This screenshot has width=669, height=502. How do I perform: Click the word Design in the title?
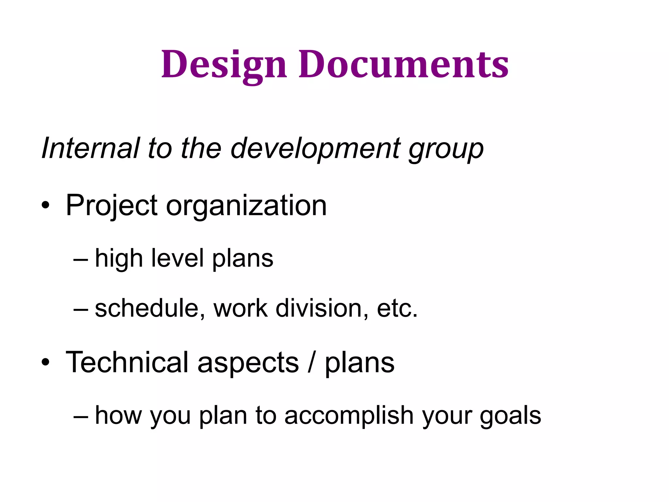[x=224, y=64]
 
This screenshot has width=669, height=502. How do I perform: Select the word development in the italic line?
[x=315, y=149]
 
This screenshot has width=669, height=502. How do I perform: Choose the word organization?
[x=246, y=206]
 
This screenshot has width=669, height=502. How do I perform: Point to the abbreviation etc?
[x=397, y=309]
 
